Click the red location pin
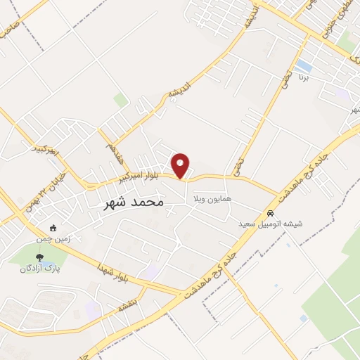[181, 165]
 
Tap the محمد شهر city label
[134, 202]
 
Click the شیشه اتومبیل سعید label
[270, 223]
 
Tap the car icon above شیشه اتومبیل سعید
[270, 213]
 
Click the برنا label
[304, 76]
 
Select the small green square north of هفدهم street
[121, 100]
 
